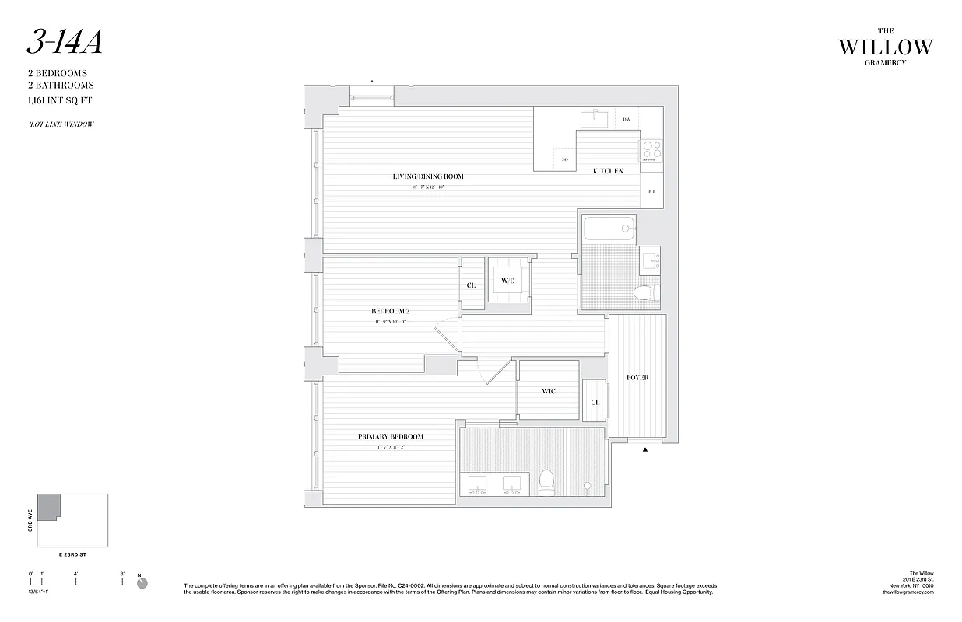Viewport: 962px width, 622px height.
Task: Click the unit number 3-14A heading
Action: click(65, 44)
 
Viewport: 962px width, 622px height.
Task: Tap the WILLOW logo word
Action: click(885, 47)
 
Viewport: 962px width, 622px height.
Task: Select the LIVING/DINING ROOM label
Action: click(428, 176)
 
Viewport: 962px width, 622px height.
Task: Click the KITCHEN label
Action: click(608, 171)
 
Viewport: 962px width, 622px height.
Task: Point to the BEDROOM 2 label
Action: click(390, 311)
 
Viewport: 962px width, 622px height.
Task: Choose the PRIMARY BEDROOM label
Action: click(391, 437)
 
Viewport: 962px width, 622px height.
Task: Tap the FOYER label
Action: click(637, 378)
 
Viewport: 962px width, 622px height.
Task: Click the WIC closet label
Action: click(549, 391)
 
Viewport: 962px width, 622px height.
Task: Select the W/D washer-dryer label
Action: click(508, 281)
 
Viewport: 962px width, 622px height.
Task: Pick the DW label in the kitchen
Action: click(626, 120)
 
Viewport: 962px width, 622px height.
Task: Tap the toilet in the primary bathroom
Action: click(546, 482)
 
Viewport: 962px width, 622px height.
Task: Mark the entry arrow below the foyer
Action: click(644, 449)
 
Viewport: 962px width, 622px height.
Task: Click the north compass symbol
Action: click(142, 583)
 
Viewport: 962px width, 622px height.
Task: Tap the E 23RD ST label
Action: click(72, 555)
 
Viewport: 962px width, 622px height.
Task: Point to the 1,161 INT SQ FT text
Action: click(60, 100)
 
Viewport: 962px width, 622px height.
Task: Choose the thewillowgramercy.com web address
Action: click(907, 592)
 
